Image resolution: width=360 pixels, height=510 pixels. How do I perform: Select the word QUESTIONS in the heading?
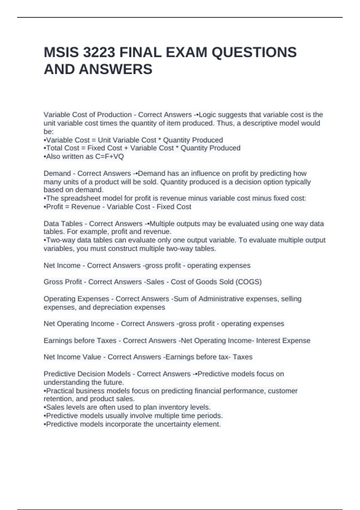[254, 52]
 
